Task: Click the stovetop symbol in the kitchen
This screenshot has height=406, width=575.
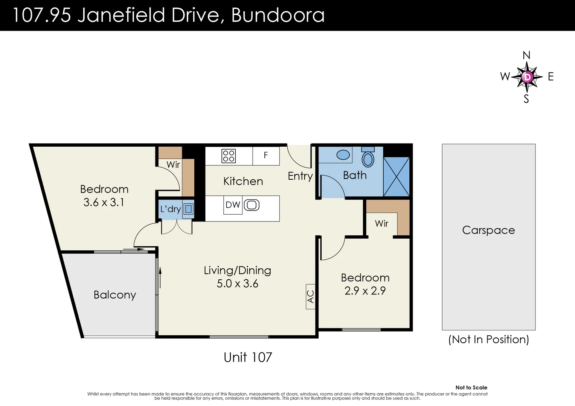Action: (229, 156)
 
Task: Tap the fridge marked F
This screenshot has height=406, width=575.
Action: (266, 155)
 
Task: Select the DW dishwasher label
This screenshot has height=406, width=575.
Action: (233, 205)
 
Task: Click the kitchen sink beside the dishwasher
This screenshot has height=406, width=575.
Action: (252, 205)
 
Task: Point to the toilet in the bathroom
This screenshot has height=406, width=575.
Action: (368, 158)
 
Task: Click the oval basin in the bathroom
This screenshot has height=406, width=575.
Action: (343, 155)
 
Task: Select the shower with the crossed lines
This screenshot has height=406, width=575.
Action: (396, 177)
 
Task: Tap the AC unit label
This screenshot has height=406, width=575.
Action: (311, 297)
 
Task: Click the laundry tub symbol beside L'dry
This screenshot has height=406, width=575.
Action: (188, 209)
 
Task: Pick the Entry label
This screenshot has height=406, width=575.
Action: (300, 176)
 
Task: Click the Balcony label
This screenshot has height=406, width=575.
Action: (114, 295)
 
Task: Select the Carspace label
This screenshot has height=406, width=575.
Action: (488, 230)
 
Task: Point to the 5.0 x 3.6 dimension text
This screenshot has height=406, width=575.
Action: (237, 283)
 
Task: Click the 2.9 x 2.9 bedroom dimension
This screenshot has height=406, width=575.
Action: (365, 291)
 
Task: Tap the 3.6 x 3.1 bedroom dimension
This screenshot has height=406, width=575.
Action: (104, 202)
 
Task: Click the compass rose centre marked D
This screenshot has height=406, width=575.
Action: (527, 77)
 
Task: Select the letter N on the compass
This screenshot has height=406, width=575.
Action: (526, 55)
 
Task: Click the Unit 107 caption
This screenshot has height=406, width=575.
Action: (248, 357)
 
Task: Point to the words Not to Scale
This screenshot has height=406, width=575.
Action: (471, 388)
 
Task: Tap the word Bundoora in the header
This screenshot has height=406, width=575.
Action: (278, 15)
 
